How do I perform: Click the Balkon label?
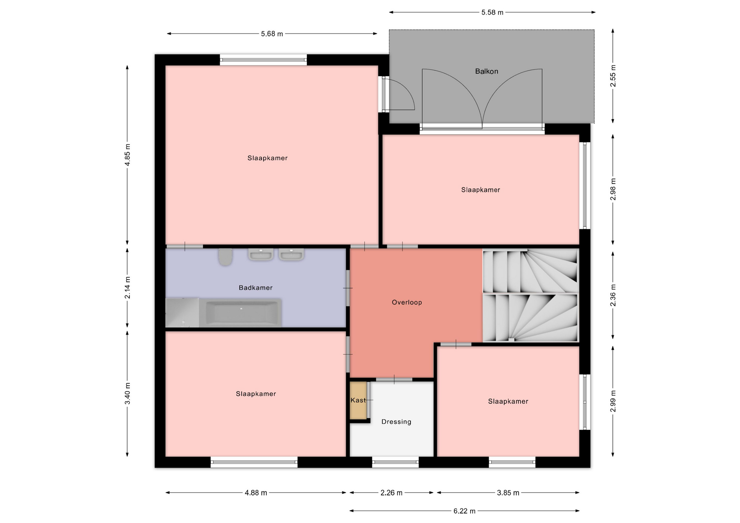point(486,71)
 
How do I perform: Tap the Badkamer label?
point(256,288)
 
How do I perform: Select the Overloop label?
point(407,302)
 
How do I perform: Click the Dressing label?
point(396,422)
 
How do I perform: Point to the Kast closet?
point(358,401)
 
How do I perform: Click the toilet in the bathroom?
point(225,257)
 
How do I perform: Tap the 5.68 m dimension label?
point(272,34)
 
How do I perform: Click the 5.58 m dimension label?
point(492,12)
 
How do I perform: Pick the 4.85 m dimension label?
point(128,155)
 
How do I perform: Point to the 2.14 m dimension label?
point(128,288)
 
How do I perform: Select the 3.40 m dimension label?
point(128,394)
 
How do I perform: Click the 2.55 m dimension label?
point(613,76)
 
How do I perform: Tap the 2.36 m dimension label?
point(613,295)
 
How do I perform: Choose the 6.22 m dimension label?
point(464,511)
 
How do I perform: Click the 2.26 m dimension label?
point(391,493)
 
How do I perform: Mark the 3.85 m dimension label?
point(508,493)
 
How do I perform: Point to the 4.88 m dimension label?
point(256,493)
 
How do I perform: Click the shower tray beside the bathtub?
point(182,312)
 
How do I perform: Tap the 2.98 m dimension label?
point(613,189)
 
